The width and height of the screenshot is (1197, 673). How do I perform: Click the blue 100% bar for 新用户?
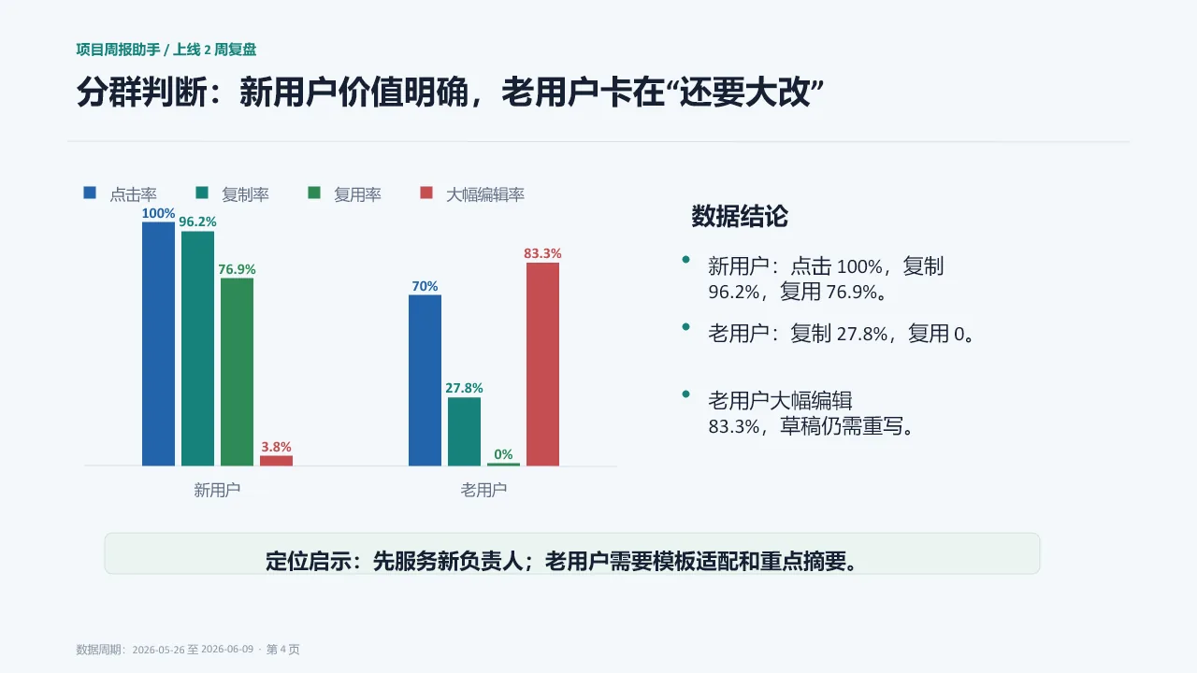tap(158, 344)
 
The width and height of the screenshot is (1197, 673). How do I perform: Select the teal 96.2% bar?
tap(197, 349)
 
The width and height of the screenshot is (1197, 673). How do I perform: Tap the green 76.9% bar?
tap(237, 372)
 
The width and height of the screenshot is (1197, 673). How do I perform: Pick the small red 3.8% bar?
tap(276, 461)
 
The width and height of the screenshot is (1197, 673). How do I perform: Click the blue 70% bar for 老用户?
tap(425, 380)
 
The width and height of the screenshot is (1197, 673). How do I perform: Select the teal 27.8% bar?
tap(464, 432)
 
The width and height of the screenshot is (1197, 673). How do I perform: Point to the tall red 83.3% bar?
tap(542, 365)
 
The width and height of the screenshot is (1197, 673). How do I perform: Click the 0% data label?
tap(503, 454)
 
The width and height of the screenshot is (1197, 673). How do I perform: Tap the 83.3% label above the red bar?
tap(542, 253)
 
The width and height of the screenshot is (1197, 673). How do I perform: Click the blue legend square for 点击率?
tap(90, 193)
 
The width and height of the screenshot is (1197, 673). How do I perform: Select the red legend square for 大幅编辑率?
tap(425, 193)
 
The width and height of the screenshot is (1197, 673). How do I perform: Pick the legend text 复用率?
tap(357, 194)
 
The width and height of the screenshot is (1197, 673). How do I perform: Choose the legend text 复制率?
tap(245, 194)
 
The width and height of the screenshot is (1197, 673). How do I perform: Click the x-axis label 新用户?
tap(217, 490)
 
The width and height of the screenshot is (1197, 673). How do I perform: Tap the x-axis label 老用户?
tap(483, 490)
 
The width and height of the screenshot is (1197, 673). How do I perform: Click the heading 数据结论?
tap(740, 216)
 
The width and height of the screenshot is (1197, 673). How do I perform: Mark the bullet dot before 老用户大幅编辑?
tap(686, 394)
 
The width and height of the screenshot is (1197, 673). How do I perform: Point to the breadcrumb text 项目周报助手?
tap(118, 50)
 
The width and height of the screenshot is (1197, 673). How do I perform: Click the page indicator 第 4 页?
tap(282, 649)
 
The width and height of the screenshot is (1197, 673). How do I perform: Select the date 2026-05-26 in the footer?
tap(159, 650)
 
